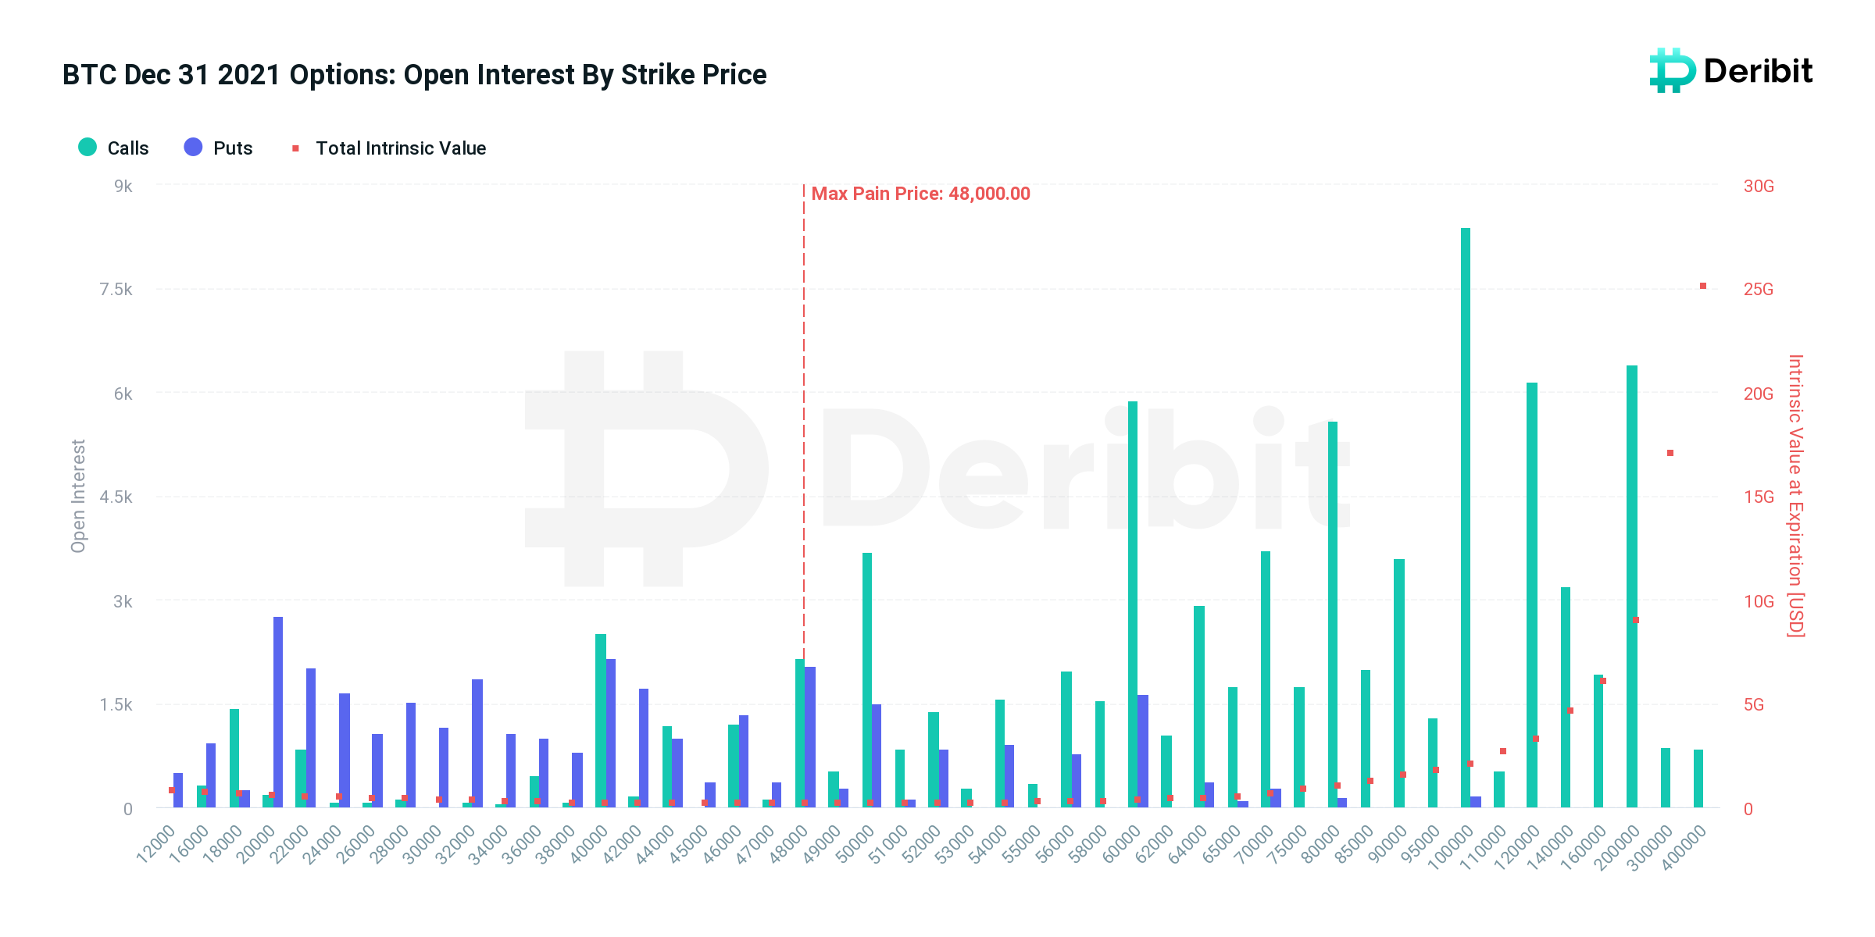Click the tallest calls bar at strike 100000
tap(1466, 515)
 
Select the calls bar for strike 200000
tap(1632, 586)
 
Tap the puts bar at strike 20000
tap(278, 711)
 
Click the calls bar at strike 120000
tap(1532, 593)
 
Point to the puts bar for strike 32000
tap(477, 742)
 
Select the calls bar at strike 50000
tap(867, 679)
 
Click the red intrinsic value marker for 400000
tap(1703, 286)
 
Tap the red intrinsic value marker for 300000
tap(1670, 453)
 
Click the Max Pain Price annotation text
tap(920, 194)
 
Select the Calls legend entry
tap(114, 148)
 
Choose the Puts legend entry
tap(219, 148)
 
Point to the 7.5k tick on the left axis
tap(116, 290)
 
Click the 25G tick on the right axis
tap(1759, 290)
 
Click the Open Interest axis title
tap(78, 496)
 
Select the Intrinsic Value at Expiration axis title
tap(1795, 496)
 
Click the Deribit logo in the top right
tap(1730, 71)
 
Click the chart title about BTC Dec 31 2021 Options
tap(414, 75)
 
